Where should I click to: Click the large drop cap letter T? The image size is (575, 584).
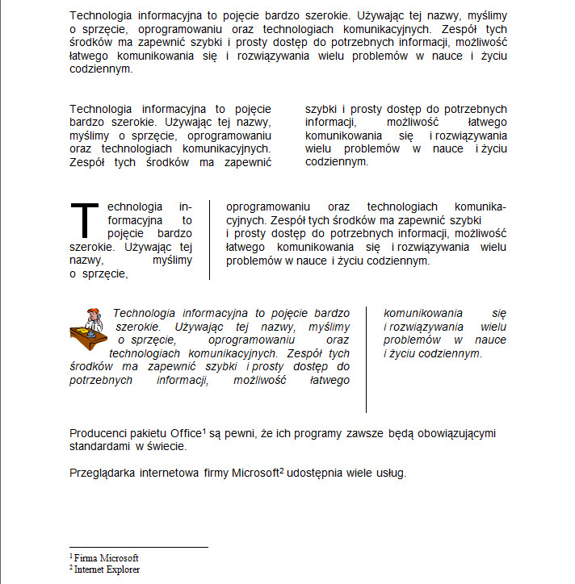(x=83, y=219)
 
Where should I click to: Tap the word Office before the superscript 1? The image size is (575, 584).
(x=186, y=434)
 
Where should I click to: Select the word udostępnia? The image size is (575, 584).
(x=317, y=473)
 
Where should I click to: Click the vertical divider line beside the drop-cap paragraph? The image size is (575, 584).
(x=209, y=240)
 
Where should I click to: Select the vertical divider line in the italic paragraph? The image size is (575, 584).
(x=367, y=359)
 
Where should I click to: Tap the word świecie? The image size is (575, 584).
(x=167, y=446)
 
